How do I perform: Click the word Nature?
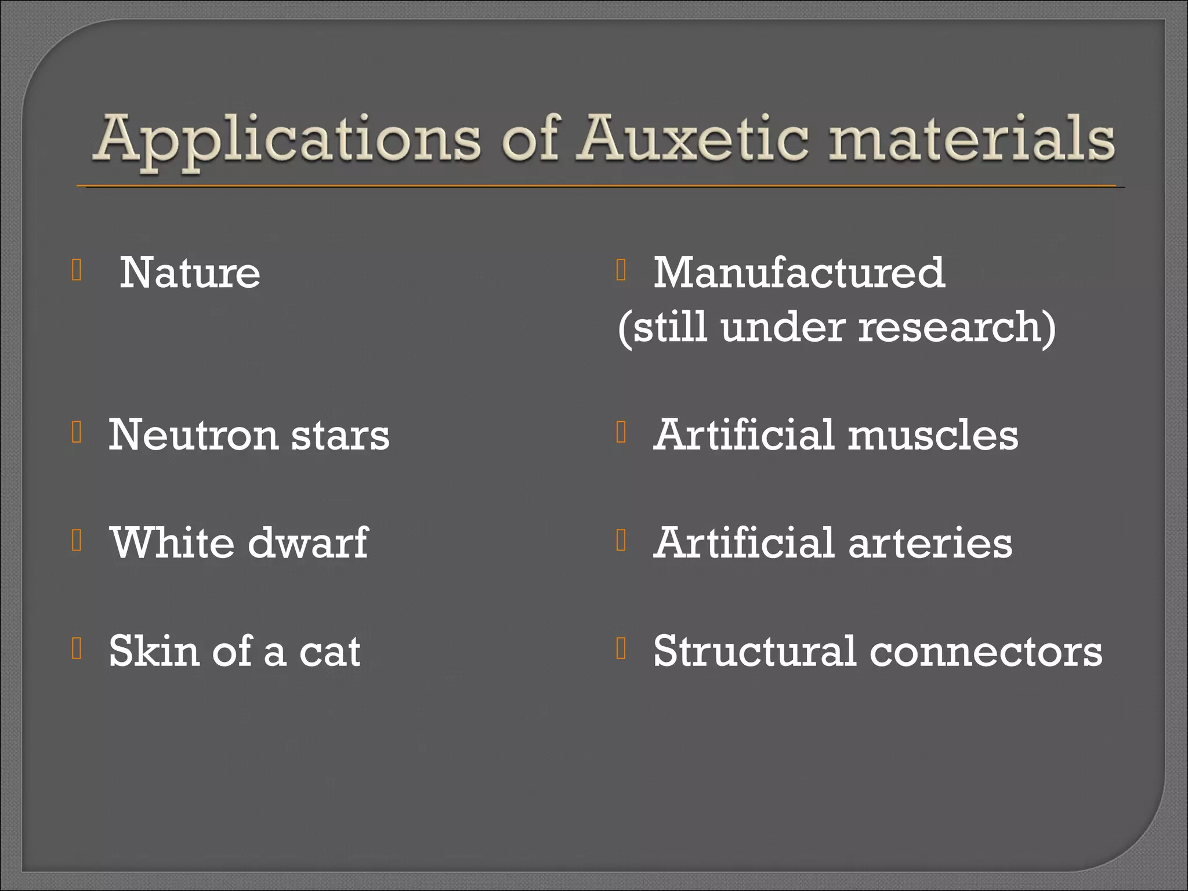pyautogui.click(x=190, y=273)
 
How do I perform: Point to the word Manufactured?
pyautogui.click(x=799, y=273)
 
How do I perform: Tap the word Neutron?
pyautogui.click(x=193, y=435)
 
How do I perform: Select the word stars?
pyautogui.click(x=341, y=435)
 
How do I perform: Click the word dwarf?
pyautogui.click(x=308, y=543)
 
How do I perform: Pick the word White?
pyautogui.click(x=172, y=543)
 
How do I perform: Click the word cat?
pyautogui.click(x=329, y=651)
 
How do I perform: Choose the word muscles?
pyautogui.click(x=933, y=435)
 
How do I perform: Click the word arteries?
pyautogui.click(x=930, y=543)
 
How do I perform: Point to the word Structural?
pyautogui.click(x=755, y=651)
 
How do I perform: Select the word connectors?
pyautogui.click(x=986, y=651)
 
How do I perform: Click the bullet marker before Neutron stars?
pyautogui.click(x=77, y=432)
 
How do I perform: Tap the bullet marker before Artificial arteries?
pyautogui.click(x=621, y=540)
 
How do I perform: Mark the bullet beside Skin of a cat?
pyautogui.click(x=77, y=648)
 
